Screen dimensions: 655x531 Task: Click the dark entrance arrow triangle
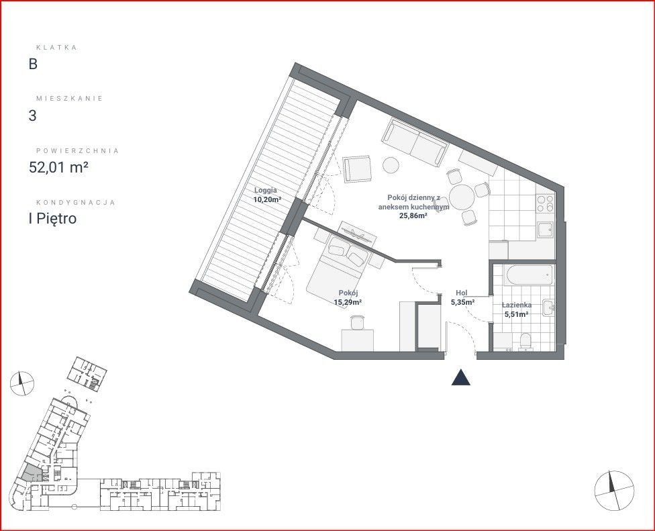tap(461, 377)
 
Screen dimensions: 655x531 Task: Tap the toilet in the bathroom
tap(525, 340)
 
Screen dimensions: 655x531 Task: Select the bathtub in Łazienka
tap(529, 275)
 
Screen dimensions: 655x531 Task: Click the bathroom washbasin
tap(548, 308)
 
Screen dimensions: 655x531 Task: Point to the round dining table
tap(462, 197)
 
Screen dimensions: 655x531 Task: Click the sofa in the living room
tap(415, 142)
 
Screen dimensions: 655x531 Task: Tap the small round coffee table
tap(391, 164)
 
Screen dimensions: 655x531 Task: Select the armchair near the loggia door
tap(357, 168)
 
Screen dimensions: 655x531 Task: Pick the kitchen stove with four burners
tap(545, 204)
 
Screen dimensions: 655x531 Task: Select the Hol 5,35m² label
tap(462, 297)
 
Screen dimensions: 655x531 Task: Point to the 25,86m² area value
tap(413, 215)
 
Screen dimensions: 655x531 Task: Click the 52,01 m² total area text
tap(58, 167)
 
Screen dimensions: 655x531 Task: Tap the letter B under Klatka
tap(33, 64)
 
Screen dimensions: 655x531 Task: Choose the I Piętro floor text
tap(52, 218)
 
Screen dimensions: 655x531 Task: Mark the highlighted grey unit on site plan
tap(32, 474)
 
